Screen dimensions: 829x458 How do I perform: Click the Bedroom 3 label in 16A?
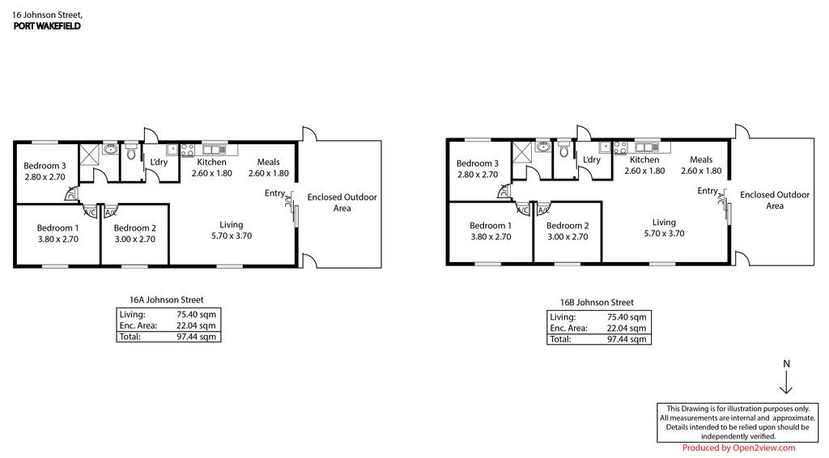45,166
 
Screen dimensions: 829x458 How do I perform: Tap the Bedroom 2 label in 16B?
568,226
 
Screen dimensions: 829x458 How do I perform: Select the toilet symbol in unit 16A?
131,153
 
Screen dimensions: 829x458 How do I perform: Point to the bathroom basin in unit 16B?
543,146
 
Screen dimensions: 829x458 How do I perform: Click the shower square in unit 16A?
89,155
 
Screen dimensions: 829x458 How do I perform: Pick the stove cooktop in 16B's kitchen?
620,148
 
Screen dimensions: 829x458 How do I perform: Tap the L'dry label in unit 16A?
159,162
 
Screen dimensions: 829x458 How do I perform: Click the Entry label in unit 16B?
708,191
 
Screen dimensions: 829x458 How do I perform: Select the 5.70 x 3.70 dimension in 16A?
232,236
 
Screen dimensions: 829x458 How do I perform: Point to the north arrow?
786,383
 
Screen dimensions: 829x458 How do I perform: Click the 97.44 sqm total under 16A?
196,337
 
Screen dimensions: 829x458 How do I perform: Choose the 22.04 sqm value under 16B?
627,328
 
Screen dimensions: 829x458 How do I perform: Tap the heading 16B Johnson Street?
597,303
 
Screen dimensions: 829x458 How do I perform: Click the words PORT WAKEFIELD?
47,26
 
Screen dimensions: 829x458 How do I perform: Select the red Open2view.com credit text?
738,448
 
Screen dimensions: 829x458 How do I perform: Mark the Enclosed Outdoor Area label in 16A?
342,202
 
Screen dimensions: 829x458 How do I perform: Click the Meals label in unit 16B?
701,159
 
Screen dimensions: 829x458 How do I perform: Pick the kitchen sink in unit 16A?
215,148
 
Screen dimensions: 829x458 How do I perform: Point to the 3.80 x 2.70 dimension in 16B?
491,236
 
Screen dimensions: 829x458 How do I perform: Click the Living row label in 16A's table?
132,315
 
